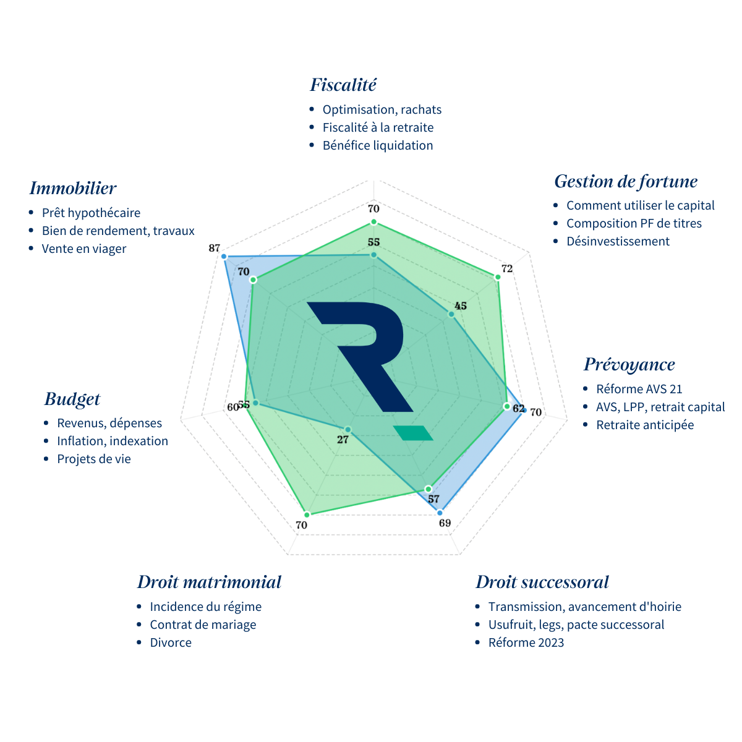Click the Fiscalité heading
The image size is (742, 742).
tap(343, 85)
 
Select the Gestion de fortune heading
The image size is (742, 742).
tap(626, 182)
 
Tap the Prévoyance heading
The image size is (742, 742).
tap(629, 364)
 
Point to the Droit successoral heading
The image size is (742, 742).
tap(542, 582)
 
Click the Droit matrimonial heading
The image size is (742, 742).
tap(209, 582)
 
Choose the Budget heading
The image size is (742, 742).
tap(72, 399)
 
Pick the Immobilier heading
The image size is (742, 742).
tap(73, 188)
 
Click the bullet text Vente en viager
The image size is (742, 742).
tap(84, 249)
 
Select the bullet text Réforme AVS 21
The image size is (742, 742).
tap(639, 389)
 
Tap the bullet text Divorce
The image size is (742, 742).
tap(171, 642)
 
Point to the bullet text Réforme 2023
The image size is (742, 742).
tap(526, 642)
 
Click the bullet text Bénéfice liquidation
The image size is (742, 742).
tap(378, 145)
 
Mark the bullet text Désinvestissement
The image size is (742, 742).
tap(618, 241)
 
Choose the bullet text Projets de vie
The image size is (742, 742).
tap(94, 459)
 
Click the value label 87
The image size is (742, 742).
tap(214, 249)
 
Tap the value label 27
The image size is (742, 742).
tap(343, 440)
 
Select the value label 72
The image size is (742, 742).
tap(507, 269)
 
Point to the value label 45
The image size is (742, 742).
tap(460, 306)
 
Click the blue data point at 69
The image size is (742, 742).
tap(440, 513)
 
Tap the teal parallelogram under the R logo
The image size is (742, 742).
tap(414, 433)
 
